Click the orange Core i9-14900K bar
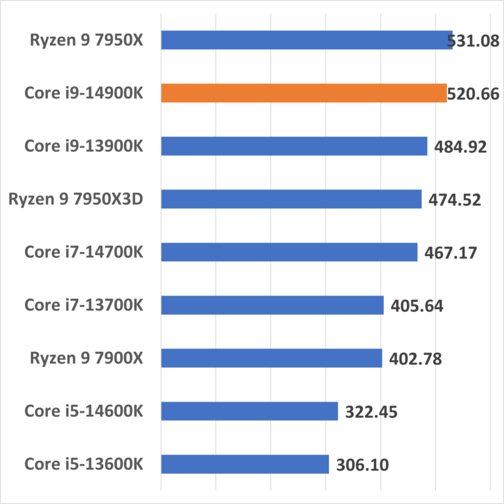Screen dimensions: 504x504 (303, 93)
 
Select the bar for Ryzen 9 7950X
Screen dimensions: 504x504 (306, 40)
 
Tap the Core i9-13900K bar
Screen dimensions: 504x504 (293, 146)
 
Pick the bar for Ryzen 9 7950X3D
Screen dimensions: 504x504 (291, 199)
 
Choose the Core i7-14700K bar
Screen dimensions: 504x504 (289, 252)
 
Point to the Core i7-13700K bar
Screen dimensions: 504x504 (272, 305)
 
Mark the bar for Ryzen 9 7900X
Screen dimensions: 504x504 (271, 358)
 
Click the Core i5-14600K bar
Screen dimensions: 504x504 (249, 411)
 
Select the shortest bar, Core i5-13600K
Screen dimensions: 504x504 (244, 464)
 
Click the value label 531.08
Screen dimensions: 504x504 (473, 41)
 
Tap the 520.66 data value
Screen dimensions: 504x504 (473, 94)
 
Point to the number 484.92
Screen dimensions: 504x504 (457, 146)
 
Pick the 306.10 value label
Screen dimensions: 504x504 (362, 465)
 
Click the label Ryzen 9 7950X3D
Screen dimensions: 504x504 (75, 199)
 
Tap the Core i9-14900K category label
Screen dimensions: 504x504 (83, 93)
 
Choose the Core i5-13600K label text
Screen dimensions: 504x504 (83, 464)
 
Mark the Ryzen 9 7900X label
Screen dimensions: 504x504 (86, 358)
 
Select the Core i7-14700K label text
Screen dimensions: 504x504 (83, 252)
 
